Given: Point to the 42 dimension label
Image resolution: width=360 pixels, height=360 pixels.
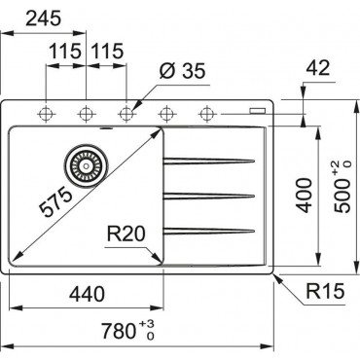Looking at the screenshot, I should [x=317, y=68].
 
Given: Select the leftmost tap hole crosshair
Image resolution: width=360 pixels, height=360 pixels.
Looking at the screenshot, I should [x=45, y=114].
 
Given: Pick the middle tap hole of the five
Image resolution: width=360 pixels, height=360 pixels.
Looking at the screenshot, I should [x=126, y=114].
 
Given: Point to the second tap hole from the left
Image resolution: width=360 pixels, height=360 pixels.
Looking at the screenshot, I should [x=85, y=114].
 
